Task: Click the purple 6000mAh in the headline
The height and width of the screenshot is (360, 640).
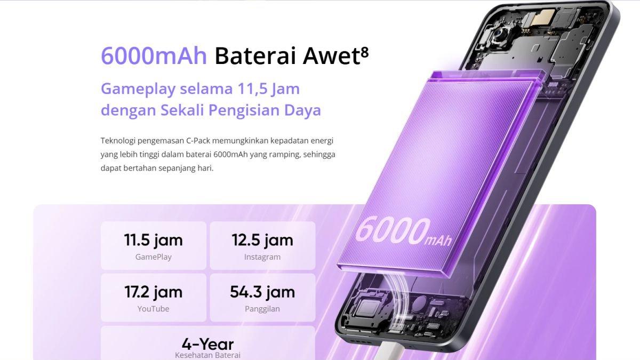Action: (x=154, y=56)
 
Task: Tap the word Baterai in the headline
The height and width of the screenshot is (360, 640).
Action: (x=255, y=56)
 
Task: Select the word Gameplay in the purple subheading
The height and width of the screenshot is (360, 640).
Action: (x=138, y=89)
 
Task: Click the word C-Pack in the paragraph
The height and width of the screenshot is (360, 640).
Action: (x=198, y=141)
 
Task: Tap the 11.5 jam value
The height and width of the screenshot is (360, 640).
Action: (x=154, y=240)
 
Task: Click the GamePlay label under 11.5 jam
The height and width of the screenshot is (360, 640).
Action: (x=154, y=257)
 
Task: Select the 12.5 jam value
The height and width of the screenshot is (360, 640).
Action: (x=262, y=240)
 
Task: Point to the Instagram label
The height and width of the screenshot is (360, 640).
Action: (x=262, y=257)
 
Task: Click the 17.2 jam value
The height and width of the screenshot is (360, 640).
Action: (x=154, y=292)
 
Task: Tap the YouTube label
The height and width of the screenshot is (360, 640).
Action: (x=154, y=309)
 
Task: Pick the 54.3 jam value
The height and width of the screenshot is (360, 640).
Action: (x=262, y=292)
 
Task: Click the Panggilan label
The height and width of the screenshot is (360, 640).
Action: (x=262, y=309)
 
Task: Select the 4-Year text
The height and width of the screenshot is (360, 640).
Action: (x=207, y=344)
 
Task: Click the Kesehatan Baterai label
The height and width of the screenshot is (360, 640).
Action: (x=207, y=355)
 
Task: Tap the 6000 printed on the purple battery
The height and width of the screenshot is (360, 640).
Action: (x=393, y=231)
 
